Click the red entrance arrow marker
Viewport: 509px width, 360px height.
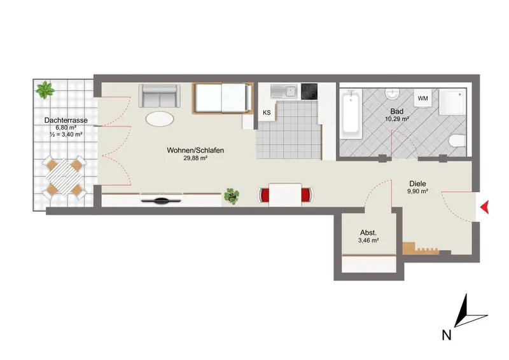(485, 207)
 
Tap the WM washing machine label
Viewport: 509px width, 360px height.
(422, 98)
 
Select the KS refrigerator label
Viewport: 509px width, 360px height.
(267, 113)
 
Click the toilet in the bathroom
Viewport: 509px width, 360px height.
(457, 141)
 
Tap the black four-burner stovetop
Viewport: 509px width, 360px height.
(309, 91)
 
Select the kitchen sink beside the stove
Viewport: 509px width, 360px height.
(284, 91)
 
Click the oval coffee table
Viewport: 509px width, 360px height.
(160, 118)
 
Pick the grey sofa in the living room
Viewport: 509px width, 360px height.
(159, 96)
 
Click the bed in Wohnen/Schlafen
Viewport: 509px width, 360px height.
(223, 99)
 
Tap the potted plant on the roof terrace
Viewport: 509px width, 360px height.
(45, 90)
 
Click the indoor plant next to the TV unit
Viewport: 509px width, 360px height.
(232, 196)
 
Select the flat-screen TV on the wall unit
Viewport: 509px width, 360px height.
(162, 200)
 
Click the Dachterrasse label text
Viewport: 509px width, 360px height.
(66, 120)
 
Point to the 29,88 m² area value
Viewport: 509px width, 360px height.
(195, 158)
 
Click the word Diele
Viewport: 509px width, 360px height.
(417, 184)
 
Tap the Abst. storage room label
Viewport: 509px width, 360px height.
(368, 233)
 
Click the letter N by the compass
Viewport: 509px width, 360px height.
(447, 335)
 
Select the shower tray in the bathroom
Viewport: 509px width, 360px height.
(452, 102)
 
